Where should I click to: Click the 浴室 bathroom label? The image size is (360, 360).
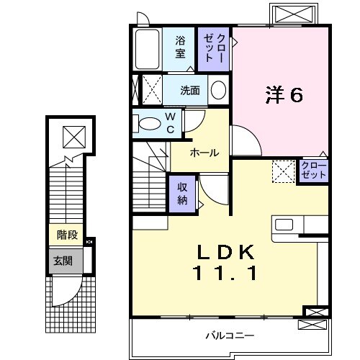(180, 48)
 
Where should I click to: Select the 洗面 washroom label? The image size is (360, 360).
(189, 91)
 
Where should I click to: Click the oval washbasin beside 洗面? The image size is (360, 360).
(218, 91)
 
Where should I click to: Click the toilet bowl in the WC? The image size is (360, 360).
(149, 123)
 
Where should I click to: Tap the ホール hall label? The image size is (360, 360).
(204, 153)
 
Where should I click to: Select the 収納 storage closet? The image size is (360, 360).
(182, 192)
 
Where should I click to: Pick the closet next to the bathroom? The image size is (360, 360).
(215, 48)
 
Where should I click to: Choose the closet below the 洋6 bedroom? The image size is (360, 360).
(314, 171)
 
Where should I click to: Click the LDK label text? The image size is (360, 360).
(226, 253)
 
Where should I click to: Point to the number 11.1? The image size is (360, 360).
(226, 274)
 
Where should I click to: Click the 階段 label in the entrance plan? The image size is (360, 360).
(67, 234)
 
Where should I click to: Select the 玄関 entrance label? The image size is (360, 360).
(61, 260)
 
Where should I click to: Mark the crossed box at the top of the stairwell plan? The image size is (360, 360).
(73, 135)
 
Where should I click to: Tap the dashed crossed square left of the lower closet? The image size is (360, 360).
(283, 171)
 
